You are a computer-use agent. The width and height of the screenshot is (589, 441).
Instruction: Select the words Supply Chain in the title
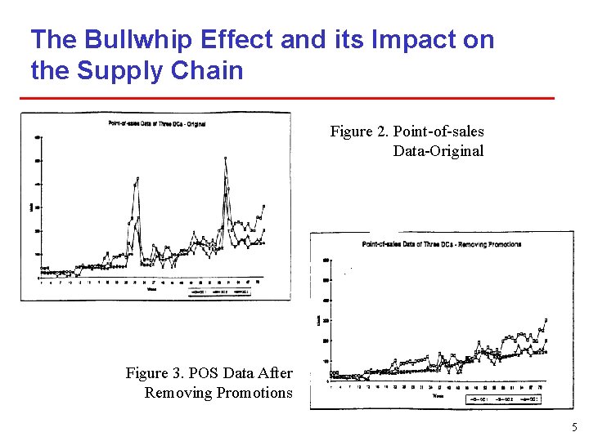(x=160, y=71)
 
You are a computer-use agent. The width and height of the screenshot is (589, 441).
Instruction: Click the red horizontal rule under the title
(x=286, y=99)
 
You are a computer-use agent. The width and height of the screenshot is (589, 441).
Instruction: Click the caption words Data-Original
(x=438, y=151)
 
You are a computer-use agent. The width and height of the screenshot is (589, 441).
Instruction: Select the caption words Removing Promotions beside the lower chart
(x=218, y=393)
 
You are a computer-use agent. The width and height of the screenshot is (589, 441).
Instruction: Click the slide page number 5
(x=574, y=427)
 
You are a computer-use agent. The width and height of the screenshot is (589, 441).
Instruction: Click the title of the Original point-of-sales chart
(x=156, y=123)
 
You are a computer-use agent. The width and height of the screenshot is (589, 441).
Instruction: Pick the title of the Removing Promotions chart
(x=442, y=244)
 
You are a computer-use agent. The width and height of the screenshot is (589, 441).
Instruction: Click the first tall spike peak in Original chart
(x=137, y=177)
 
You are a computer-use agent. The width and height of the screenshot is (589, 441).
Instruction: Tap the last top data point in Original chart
(x=263, y=206)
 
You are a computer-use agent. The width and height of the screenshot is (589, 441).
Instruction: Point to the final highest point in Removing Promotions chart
(x=546, y=319)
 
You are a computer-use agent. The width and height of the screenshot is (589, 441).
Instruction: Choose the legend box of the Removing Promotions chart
(x=504, y=399)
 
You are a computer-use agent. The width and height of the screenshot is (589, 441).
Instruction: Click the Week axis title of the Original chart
(x=152, y=287)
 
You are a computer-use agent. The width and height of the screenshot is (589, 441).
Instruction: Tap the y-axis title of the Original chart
(x=32, y=208)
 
